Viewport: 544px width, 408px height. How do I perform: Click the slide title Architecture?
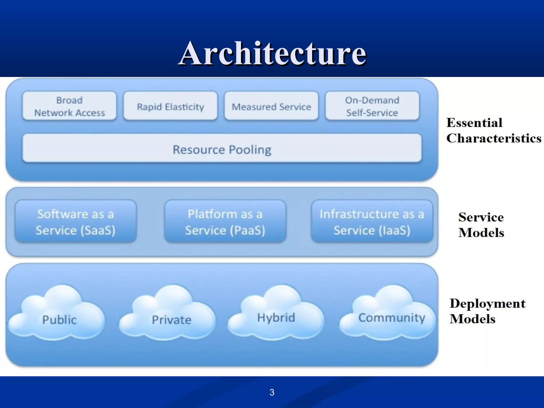(273, 53)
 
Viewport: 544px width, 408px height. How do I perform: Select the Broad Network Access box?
(69, 106)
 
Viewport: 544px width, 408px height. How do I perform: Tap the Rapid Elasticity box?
(170, 106)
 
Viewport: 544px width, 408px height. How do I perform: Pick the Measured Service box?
(271, 106)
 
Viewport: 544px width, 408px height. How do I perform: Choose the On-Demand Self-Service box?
(372, 106)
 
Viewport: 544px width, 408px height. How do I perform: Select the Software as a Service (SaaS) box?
(76, 222)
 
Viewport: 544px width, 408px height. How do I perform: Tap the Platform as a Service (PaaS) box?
(225, 222)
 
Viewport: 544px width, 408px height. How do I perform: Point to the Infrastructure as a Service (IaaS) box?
(372, 222)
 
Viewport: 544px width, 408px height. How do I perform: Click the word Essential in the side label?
(474, 123)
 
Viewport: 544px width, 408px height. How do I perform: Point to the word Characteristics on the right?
(494, 138)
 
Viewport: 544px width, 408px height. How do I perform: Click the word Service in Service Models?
(481, 217)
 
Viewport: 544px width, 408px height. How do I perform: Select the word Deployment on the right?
(487, 303)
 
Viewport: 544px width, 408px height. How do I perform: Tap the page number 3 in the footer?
(272, 392)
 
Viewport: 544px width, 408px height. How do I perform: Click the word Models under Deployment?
(472, 319)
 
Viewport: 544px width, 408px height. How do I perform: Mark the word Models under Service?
(481, 233)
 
